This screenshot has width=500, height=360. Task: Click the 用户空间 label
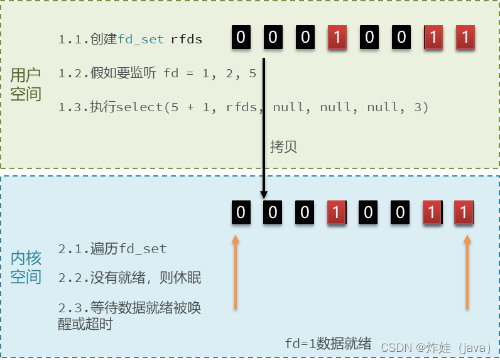pyautogui.click(x=26, y=85)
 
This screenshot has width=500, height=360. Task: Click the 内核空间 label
pyautogui.click(x=26, y=268)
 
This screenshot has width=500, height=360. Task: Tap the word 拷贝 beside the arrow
pyautogui.click(x=283, y=147)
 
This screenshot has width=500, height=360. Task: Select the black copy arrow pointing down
pyautogui.click(x=264, y=126)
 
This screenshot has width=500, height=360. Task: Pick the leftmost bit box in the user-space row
pyautogui.click(x=241, y=38)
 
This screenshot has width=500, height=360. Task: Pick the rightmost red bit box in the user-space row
pyautogui.click(x=465, y=38)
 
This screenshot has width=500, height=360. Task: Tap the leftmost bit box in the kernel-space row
pyautogui.click(x=241, y=212)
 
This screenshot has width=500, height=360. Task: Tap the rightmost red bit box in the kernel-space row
pyautogui.click(x=464, y=212)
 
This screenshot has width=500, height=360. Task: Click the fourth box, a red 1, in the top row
pyautogui.click(x=337, y=38)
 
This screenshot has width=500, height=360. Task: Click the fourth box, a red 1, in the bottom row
pyautogui.click(x=336, y=212)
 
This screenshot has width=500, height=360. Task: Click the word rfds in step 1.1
pyautogui.click(x=187, y=40)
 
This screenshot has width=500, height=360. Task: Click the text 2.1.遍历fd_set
pyautogui.click(x=112, y=249)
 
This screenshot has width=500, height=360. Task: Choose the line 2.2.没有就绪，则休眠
pyautogui.click(x=129, y=277)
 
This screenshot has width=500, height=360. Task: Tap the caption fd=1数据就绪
pyautogui.click(x=328, y=344)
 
